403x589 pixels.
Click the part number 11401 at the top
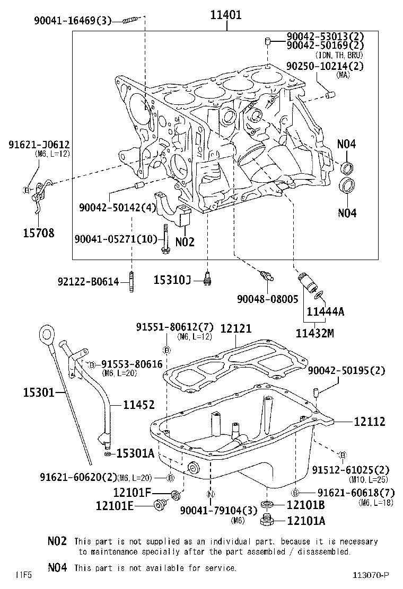(226, 15)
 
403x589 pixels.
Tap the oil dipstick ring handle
(46, 335)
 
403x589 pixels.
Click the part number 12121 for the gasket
(236, 328)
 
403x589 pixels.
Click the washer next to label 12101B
(267, 504)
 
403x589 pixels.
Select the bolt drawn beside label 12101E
(159, 505)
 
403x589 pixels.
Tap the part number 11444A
(325, 311)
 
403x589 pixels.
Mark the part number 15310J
(172, 279)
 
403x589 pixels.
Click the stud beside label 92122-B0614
(131, 282)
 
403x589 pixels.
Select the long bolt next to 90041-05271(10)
(166, 239)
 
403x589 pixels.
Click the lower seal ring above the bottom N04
(348, 186)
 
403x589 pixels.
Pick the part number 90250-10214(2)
(325, 66)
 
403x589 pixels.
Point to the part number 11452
(138, 405)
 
